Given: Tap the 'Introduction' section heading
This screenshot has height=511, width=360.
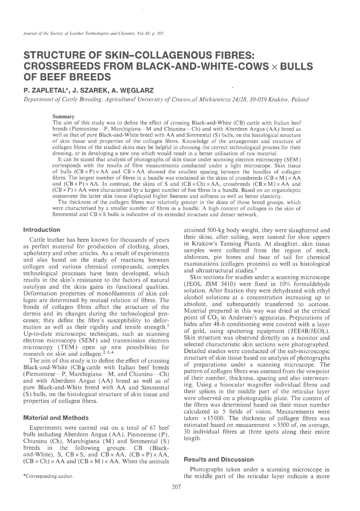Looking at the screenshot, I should click(x=42, y=230).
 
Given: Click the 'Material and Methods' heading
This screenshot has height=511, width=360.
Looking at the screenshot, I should click(x=56, y=418).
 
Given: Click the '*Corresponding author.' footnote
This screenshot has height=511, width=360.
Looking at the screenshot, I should click(x=48, y=477).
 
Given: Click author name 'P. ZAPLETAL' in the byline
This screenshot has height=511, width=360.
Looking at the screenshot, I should click(x=47, y=90).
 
